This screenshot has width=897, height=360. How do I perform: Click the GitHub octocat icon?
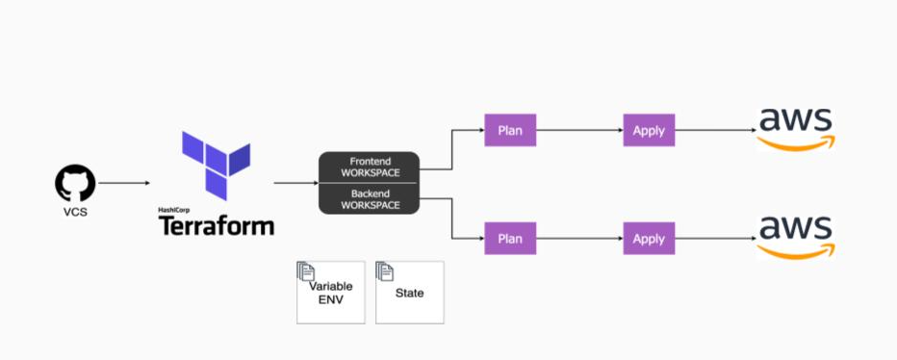75,183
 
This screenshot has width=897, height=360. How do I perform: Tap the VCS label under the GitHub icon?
75,212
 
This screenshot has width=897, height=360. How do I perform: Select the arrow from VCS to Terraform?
123,183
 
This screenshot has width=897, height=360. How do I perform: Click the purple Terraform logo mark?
216,166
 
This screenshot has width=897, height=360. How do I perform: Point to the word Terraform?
216,226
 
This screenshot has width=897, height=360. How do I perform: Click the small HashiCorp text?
175,209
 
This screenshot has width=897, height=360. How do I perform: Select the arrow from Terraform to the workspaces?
294,183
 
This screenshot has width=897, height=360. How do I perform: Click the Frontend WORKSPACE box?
370,167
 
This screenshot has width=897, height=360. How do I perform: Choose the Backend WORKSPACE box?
370,199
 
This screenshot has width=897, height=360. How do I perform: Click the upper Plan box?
510,130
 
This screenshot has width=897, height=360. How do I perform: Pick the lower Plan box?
510,238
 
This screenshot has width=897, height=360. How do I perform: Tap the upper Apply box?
649,130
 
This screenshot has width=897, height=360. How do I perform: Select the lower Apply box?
649,238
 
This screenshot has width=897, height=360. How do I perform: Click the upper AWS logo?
795,128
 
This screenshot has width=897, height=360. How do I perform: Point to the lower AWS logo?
795,236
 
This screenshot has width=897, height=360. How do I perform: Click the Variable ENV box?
331,293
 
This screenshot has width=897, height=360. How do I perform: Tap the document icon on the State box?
385,271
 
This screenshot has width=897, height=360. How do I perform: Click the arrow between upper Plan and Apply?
578,130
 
